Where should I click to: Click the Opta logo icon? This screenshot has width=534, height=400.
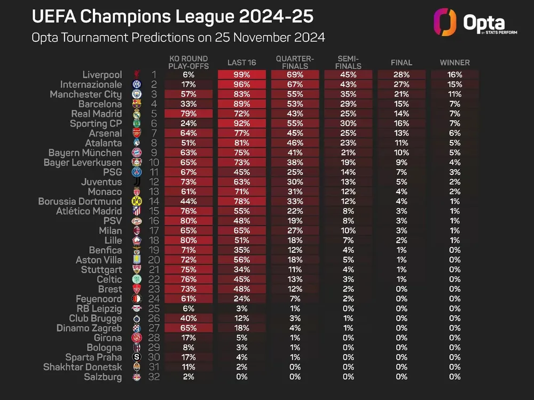pyautogui.click(x=445, y=22)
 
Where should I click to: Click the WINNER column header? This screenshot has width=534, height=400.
pyautogui.click(x=454, y=62)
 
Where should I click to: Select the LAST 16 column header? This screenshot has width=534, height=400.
pyautogui.click(x=241, y=62)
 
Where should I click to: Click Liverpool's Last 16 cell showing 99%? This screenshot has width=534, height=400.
pyautogui.click(x=241, y=75)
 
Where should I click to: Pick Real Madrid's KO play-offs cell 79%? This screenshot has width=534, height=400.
pyautogui.click(x=188, y=114)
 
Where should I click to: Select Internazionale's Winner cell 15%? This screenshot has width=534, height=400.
pyautogui.click(x=454, y=85)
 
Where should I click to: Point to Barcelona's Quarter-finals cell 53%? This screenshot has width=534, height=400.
pyautogui.click(x=295, y=104)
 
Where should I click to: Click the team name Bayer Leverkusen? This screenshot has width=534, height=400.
pyautogui.click(x=83, y=163)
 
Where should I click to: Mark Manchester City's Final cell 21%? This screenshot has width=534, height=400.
pyautogui.click(x=402, y=94)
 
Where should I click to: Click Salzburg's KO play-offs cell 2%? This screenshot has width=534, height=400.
pyautogui.click(x=188, y=377)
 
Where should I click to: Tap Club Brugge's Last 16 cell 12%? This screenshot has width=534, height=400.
pyautogui.click(x=241, y=318)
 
